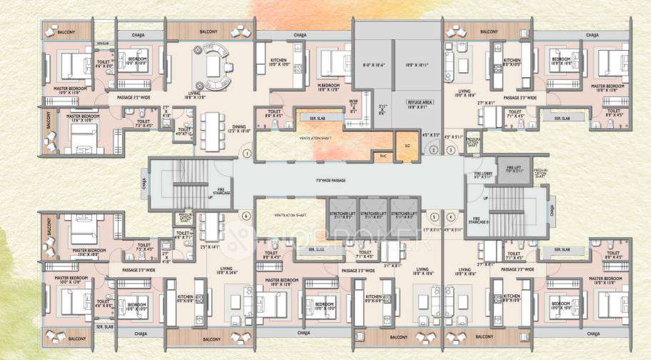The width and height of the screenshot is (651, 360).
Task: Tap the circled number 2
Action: click(434, 150)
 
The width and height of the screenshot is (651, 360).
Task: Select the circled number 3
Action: click(451, 150)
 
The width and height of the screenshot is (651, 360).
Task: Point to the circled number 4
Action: click(451, 216)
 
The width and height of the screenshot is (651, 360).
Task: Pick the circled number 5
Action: click(434, 216)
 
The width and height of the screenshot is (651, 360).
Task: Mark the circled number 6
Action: click(245, 216)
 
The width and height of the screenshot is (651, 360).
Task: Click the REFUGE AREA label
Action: click(418, 104)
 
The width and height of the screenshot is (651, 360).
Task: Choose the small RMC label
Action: click(382, 156)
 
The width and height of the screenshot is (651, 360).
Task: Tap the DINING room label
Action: click(239, 129)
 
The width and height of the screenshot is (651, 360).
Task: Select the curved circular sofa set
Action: click(214, 62)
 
